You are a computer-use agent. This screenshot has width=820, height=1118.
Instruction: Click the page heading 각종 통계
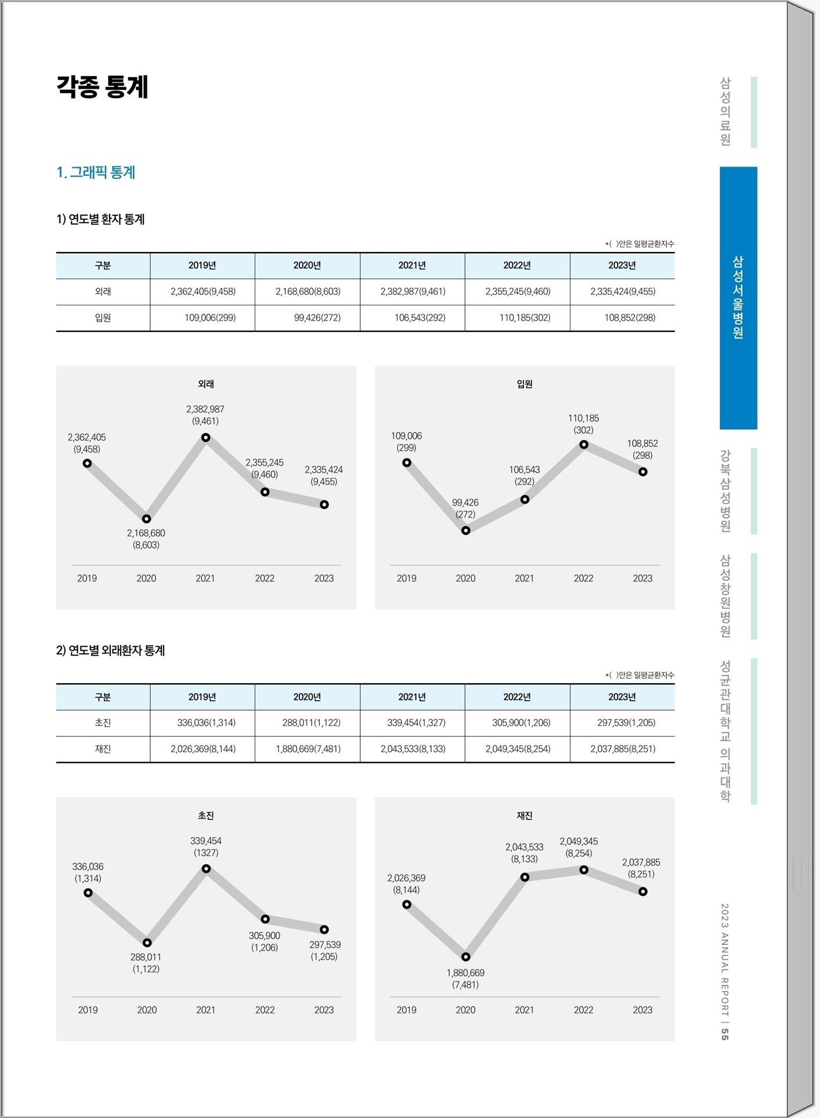point(102,87)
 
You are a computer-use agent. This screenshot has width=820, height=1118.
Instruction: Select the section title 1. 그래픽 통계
point(96,172)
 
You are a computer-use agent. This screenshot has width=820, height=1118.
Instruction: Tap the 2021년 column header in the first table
point(412,265)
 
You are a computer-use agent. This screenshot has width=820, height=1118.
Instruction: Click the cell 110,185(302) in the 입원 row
point(525,318)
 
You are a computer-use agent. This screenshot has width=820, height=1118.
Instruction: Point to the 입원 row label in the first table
point(103,318)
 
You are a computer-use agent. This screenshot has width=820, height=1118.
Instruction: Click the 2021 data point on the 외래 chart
point(205,438)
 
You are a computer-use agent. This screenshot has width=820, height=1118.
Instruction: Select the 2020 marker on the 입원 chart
point(465,530)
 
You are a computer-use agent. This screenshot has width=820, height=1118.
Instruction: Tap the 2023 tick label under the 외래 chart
point(324,578)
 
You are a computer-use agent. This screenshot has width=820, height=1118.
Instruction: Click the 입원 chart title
point(525,384)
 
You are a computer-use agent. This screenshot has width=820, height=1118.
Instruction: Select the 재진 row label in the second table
point(103,749)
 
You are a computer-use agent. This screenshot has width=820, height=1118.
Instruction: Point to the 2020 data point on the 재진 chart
point(465,957)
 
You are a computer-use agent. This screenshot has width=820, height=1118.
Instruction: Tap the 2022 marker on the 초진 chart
point(265,919)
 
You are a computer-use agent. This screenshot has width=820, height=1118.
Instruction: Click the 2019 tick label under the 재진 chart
point(406,1010)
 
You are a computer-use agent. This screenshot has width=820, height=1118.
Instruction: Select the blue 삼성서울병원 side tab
point(738,298)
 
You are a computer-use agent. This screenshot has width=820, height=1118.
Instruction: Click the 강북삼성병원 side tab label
point(725,491)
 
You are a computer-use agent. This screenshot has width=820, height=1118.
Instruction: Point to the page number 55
point(725,1034)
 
